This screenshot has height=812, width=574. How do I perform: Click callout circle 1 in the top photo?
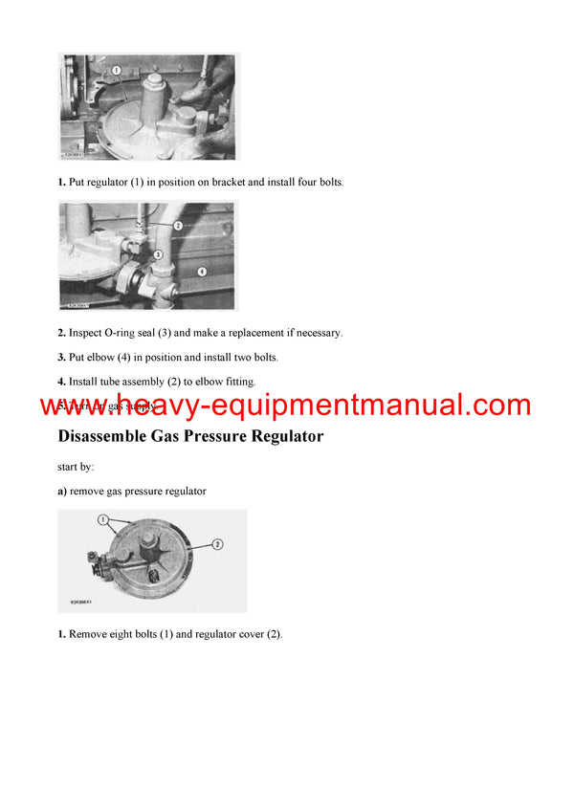[x=115, y=70]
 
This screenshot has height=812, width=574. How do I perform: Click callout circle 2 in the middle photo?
[x=178, y=225]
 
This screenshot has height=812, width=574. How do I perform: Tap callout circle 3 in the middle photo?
[x=158, y=254]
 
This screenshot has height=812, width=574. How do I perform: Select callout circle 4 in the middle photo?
[x=202, y=271]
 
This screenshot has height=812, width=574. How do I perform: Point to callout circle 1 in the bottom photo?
[x=102, y=520]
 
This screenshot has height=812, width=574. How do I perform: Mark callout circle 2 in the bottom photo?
[x=217, y=544]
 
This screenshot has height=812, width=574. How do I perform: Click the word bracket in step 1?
[x=222, y=182]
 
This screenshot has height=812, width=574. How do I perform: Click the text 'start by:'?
[x=76, y=467]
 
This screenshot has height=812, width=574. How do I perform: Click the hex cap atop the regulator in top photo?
[x=153, y=87]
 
